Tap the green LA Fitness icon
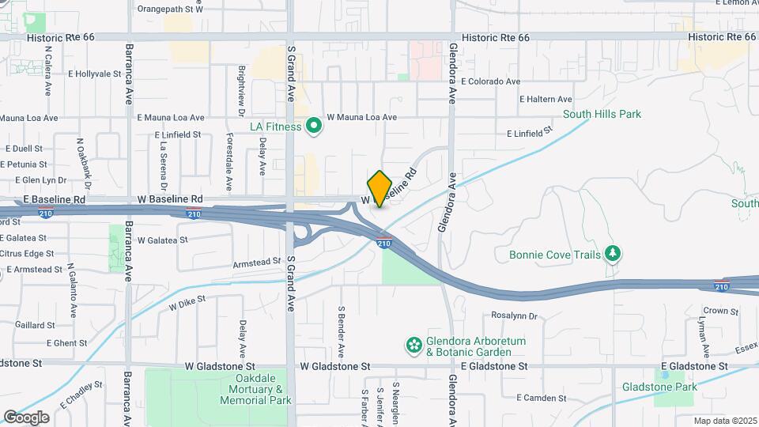313,127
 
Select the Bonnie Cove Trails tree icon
611,254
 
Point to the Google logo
26,417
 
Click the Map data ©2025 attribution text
725,421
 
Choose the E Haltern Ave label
546,100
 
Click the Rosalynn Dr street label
514,316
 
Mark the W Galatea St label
163,240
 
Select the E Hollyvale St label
94,74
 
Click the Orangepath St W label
170,9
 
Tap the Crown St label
720,311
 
